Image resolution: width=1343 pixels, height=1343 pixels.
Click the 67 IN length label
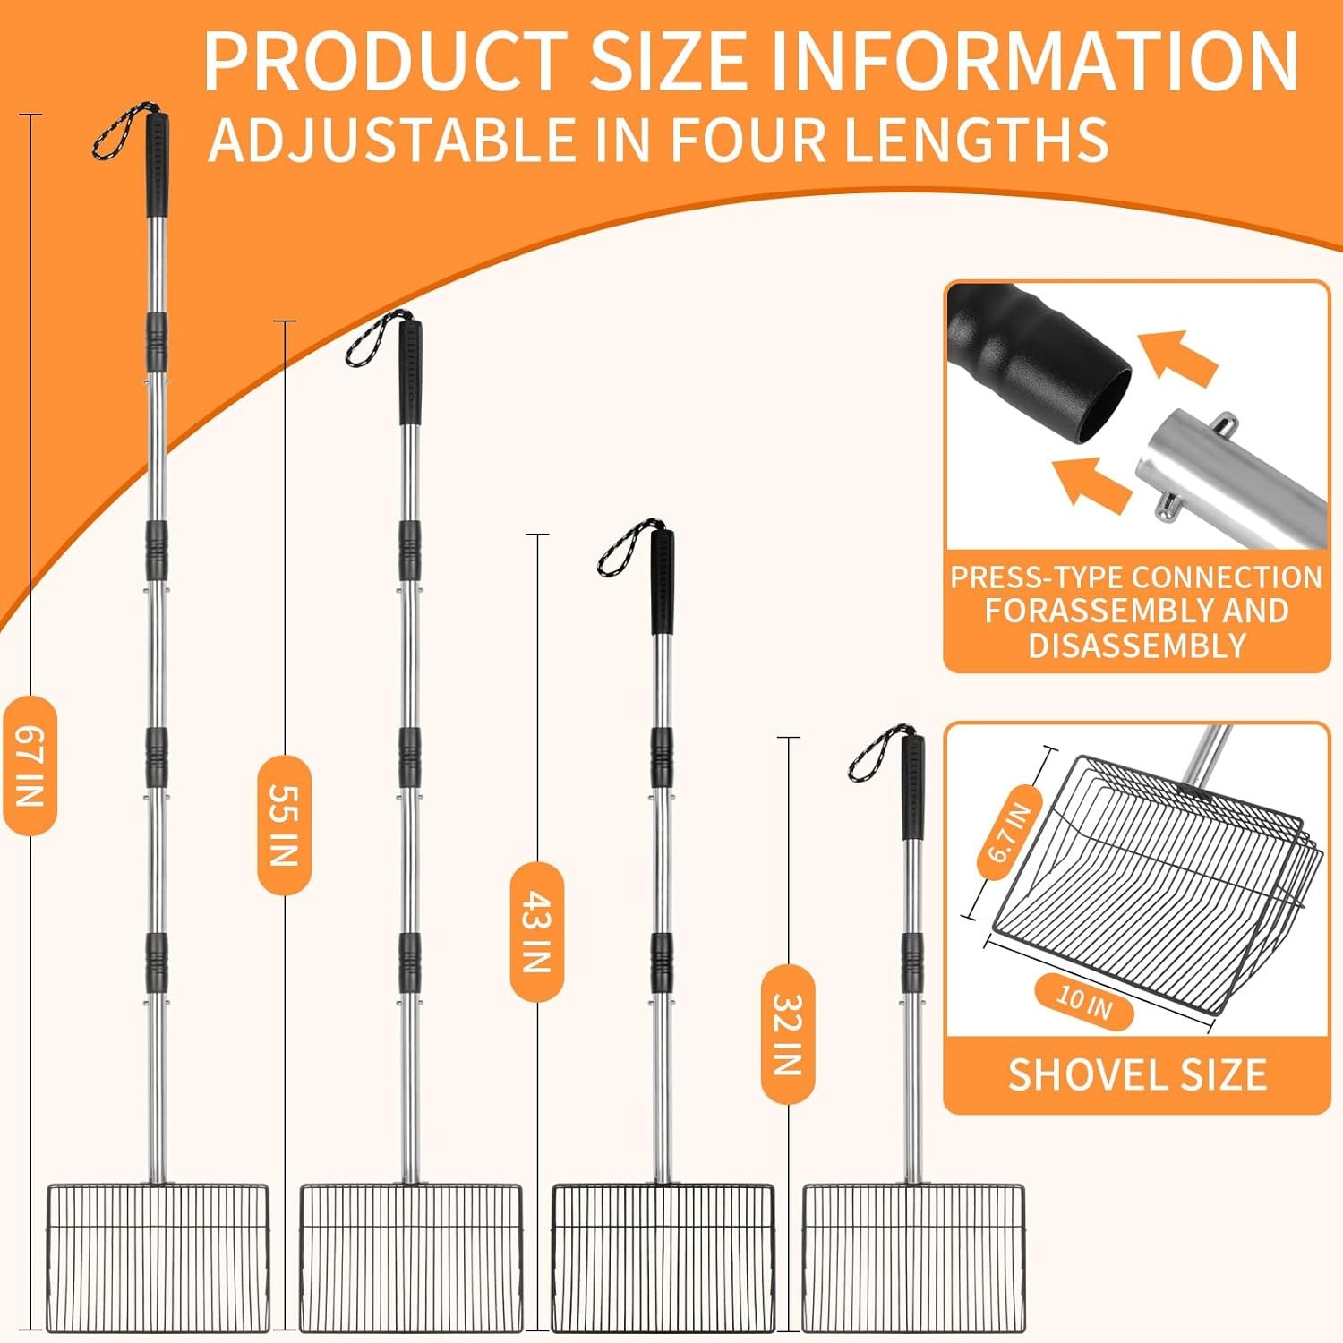(30, 766)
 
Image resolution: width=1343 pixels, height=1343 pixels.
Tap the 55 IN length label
(284, 825)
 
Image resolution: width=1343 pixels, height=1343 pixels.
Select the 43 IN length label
(536, 931)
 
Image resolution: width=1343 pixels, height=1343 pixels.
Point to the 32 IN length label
(788, 1034)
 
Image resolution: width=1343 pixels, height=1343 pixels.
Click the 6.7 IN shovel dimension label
(1010, 833)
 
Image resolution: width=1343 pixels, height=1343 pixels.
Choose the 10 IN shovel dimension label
(1084, 1002)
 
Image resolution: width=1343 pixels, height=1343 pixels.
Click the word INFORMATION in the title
(1034, 61)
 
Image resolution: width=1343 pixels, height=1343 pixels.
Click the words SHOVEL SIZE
(1137, 1075)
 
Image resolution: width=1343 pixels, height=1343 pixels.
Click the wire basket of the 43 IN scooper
(663, 1258)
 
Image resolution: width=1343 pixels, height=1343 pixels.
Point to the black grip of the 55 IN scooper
(410, 372)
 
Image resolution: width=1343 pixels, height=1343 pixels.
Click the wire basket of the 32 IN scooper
(913, 1258)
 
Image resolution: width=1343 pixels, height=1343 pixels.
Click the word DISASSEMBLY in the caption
(1137, 646)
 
